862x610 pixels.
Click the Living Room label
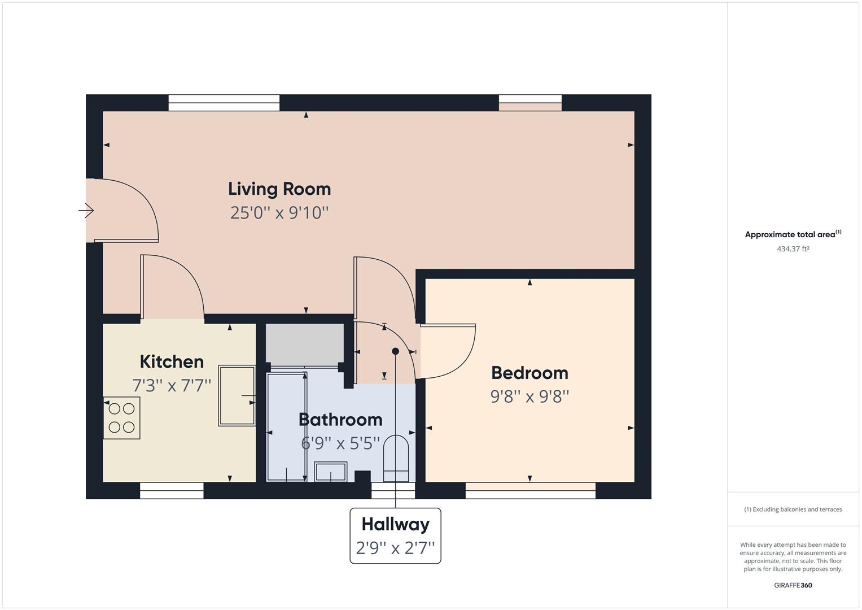click(x=279, y=189)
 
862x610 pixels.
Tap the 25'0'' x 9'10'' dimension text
click(x=279, y=213)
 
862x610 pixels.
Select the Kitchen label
click(x=172, y=361)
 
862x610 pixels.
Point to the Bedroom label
click(x=530, y=373)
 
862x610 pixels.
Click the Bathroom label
click(x=340, y=420)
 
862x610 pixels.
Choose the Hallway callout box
click(x=395, y=535)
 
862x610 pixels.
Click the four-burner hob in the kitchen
click(x=121, y=418)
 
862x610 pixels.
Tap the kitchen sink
click(x=237, y=395)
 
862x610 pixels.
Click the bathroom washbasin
click(x=330, y=471)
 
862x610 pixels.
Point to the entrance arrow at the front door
click(x=86, y=211)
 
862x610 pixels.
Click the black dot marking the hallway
click(x=395, y=351)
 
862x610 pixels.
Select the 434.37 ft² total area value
click(x=793, y=249)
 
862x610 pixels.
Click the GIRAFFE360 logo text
click(x=793, y=585)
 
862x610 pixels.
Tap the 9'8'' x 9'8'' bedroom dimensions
click(x=530, y=396)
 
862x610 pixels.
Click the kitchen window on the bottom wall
click(x=172, y=491)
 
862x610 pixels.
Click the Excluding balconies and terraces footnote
click(x=793, y=509)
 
